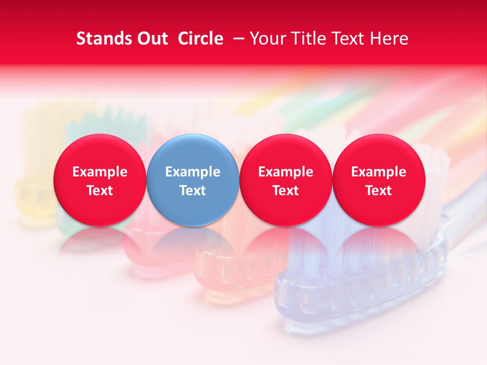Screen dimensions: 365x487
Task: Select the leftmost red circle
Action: click(100, 180)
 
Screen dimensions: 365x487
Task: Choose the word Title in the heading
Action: click(309, 39)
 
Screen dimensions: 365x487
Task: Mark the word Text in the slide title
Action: click(351, 39)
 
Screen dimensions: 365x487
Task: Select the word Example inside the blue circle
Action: click(193, 172)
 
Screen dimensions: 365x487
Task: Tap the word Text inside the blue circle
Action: click(193, 191)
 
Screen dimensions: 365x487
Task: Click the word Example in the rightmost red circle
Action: click(378, 172)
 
